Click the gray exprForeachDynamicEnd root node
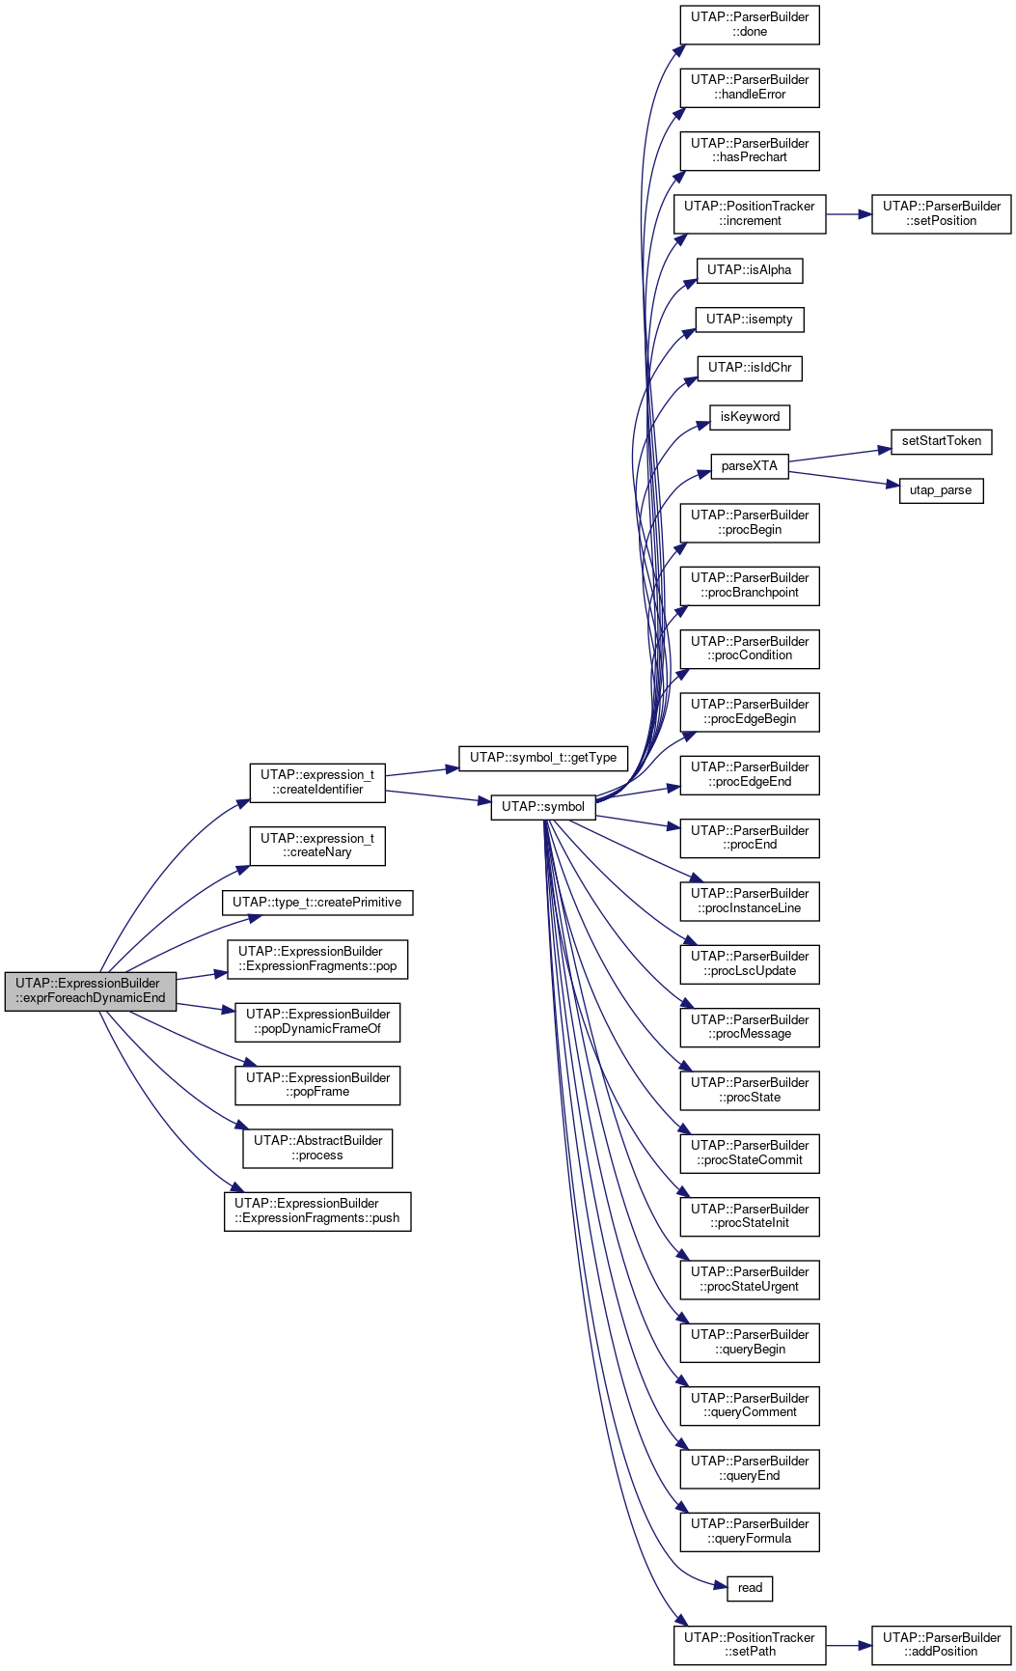coord(91,990)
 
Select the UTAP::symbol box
coord(543,806)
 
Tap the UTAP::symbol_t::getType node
coord(543,758)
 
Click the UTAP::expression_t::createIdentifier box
coord(317,782)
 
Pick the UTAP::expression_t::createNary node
coord(317,846)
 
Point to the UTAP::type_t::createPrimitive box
coord(317,903)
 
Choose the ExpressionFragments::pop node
coord(317,959)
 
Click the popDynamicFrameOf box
coord(317,1021)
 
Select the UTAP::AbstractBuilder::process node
coord(317,1148)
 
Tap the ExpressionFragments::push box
coord(317,1211)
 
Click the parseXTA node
coord(750,466)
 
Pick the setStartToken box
coord(942,441)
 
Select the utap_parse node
coord(941,490)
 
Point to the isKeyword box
coord(750,417)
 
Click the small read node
coord(750,1588)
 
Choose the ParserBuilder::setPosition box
coord(942,213)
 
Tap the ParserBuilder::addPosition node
coord(942,1645)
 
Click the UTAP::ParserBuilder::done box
coord(750,24)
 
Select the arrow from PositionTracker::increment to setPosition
coord(849,214)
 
